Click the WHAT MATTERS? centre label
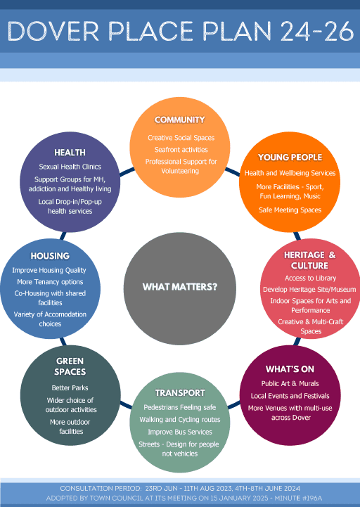click(180, 287)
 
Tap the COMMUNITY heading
click(179, 120)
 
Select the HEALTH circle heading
click(70, 153)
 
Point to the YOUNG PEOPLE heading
click(290, 158)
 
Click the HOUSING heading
click(50, 256)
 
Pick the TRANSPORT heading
click(180, 393)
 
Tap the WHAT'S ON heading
click(290, 369)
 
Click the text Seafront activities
click(181, 150)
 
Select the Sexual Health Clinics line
click(70, 167)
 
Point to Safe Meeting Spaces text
click(290, 210)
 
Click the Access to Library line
click(310, 278)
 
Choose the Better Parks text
click(70, 388)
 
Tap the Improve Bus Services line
click(180, 432)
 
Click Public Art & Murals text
click(290, 384)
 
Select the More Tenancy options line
click(50, 282)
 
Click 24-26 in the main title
click(317, 32)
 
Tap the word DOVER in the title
click(53, 32)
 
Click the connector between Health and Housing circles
click(63, 236)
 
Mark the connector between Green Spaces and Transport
click(126, 404)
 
